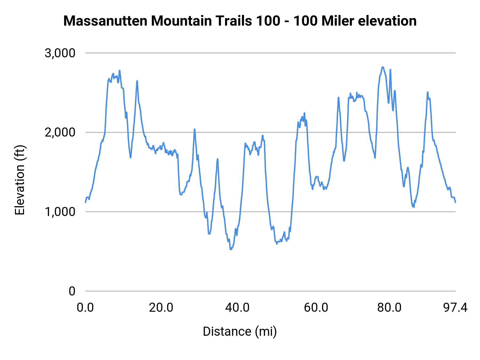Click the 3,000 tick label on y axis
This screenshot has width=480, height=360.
60,53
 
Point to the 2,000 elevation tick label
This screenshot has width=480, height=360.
60,133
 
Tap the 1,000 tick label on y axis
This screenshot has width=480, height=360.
60,212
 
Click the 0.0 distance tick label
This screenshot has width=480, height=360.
85,308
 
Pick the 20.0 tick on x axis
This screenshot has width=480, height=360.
161,308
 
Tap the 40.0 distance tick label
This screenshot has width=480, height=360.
237,308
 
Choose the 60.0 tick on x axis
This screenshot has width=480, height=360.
316,308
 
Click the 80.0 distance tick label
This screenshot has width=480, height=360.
389,308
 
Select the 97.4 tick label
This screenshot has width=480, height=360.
455,308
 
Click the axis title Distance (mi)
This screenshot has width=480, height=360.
240,331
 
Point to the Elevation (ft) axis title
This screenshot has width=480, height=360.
20,180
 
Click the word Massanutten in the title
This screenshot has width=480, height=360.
105,21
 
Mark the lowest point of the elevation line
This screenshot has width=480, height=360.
231,249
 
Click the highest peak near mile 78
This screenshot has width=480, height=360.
383,67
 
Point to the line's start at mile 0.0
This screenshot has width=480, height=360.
85,202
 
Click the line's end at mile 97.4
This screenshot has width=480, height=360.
455,202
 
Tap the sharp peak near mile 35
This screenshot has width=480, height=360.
217,159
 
